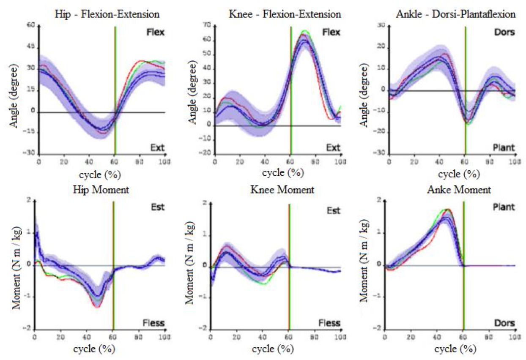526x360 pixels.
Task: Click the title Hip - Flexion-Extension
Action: click(x=107, y=14)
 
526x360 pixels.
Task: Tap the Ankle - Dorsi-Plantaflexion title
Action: click(x=456, y=14)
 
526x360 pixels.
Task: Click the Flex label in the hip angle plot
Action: click(x=156, y=33)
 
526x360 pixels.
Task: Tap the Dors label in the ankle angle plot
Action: click(x=506, y=33)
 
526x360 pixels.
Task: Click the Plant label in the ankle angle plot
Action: click(x=504, y=148)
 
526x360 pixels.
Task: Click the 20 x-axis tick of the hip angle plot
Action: click(x=64, y=161)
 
